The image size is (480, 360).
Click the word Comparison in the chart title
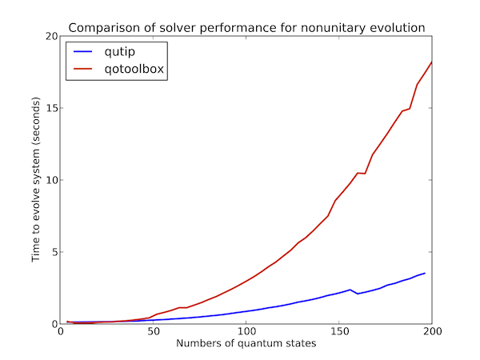click(x=101, y=28)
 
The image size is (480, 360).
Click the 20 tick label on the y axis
click(x=51, y=37)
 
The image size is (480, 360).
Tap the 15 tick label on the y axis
click(x=51, y=109)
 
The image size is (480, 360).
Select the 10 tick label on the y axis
click(x=51, y=181)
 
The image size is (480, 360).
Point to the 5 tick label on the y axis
click(x=54, y=253)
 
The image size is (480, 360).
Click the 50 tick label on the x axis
click(x=153, y=334)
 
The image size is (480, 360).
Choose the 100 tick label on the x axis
click(x=246, y=334)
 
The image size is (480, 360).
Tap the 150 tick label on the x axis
click(x=338, y=334)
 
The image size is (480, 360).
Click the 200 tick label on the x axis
click(x=431, y=334)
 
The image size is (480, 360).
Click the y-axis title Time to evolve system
click(x=36, y=180)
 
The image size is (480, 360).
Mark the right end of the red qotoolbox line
click(x=431, y=62)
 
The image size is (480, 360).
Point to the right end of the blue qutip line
click(x=424, y=274)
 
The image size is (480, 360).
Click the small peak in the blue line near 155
click(x=350, y=290)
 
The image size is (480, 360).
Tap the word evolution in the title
click(x=397, y=28)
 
